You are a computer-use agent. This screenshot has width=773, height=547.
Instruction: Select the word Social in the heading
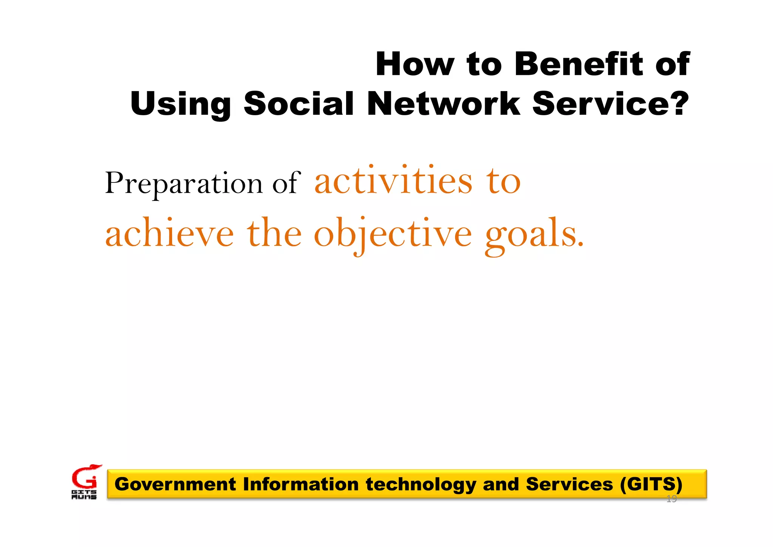pos(299,104)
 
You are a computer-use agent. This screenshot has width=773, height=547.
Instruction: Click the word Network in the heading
pos(443,104)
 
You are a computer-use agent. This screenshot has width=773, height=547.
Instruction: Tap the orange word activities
pos(393,181)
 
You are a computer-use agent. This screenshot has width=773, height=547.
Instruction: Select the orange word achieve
pos(169,233)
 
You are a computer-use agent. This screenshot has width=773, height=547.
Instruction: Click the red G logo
pos(85,478)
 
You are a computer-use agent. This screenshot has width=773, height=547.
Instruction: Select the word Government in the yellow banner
pos(175,484)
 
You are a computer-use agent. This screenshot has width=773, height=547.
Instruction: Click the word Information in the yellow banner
pos(300,484)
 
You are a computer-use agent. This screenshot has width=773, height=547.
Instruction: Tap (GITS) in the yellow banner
pos(651,484)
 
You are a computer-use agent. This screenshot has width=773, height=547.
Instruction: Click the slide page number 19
pos(671,499)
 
